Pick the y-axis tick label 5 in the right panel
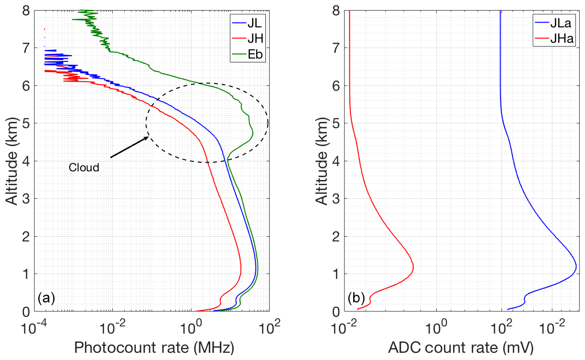[x=336, y=123]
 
